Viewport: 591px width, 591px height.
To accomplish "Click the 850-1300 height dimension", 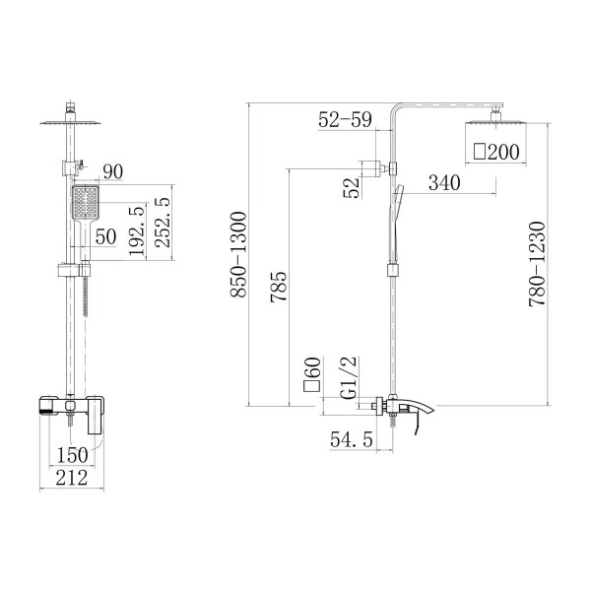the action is tap(238, 255).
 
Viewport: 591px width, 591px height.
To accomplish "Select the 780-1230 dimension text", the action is tap(537, 264).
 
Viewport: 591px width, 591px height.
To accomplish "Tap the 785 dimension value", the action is tap(279, 288).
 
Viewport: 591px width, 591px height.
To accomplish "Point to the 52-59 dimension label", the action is tap(345, 119).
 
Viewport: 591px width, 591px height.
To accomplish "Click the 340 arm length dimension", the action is tap(444, 183).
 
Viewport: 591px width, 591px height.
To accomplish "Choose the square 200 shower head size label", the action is tap(496, 152).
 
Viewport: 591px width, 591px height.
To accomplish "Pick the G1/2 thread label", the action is tap(348, 377).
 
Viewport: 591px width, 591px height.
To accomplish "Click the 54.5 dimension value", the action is tap(352, 439).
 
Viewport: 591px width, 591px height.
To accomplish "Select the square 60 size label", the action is tap(311, 374).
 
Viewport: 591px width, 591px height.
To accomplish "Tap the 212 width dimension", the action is tap(72, 478).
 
